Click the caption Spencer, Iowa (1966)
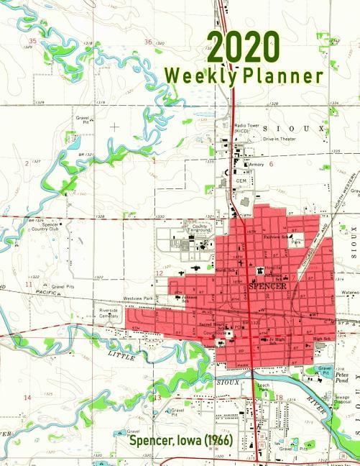181,439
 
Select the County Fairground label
197,228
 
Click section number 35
32,41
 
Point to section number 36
149,42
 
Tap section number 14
27,397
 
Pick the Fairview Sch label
277,237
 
